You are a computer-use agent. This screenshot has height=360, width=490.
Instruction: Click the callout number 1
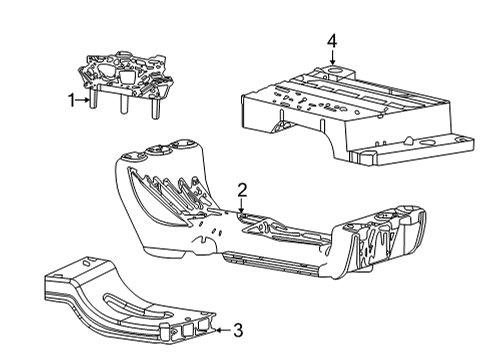pos(71,99)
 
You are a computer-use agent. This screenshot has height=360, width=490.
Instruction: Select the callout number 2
pos(241,189)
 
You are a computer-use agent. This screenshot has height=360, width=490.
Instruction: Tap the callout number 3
pos(237,327)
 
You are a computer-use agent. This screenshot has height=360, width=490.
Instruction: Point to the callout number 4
pos(331,40)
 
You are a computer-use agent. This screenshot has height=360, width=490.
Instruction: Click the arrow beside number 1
pos(85,99)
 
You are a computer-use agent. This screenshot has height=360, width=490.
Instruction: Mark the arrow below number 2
pos(241,205)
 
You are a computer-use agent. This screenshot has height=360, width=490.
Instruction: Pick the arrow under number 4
pos(331,58)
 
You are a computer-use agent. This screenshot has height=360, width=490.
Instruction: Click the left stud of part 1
pos(92,101)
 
